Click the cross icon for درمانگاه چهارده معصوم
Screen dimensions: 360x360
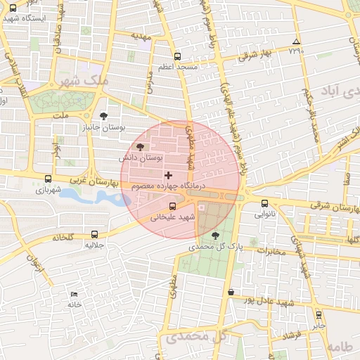167,174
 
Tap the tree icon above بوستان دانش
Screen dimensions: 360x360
140,147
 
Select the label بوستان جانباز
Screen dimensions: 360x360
103,129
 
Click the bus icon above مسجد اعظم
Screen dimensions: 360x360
176,56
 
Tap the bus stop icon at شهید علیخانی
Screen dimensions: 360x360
173,205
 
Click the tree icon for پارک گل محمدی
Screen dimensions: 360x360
214,236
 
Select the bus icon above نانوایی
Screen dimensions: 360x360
264,204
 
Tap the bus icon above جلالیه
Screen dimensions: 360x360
94,234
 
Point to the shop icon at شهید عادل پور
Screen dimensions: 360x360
231,292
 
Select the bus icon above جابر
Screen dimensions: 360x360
319,315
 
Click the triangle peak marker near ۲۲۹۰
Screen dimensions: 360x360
296,42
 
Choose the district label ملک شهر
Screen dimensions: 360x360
86,82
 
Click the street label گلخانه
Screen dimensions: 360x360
61,238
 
